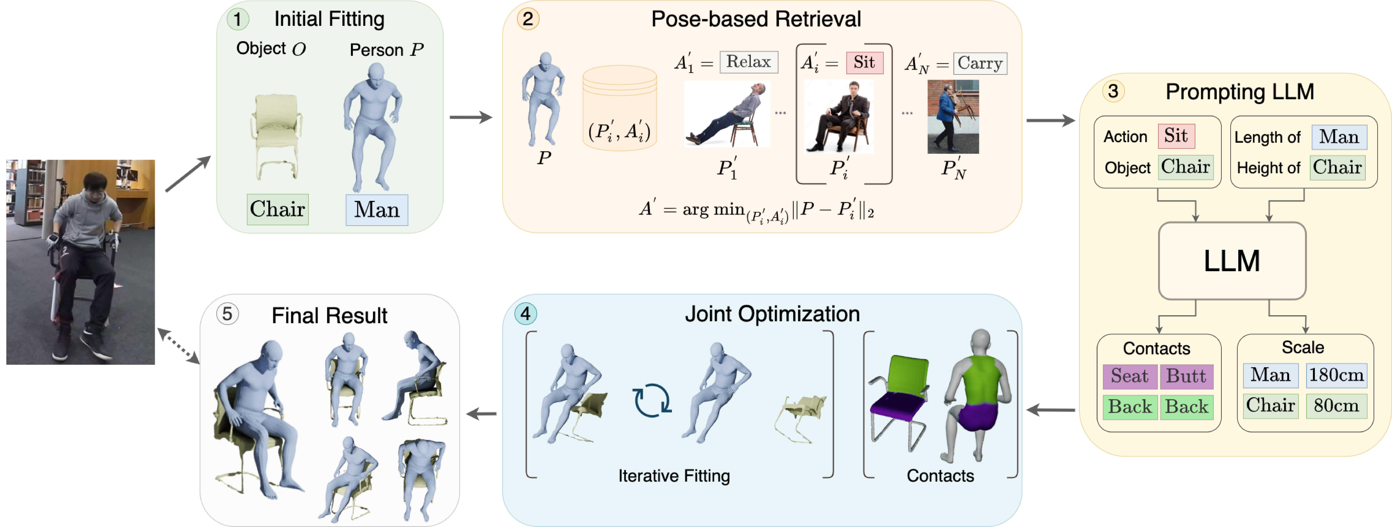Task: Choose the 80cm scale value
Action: [x=1336, y=406]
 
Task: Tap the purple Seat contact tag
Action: [x=1129, y=376]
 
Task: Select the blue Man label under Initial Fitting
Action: [x=377, y=210]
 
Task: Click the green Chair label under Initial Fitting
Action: [x=277, y=209]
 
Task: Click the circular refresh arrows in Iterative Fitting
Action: [x=652, y=401]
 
